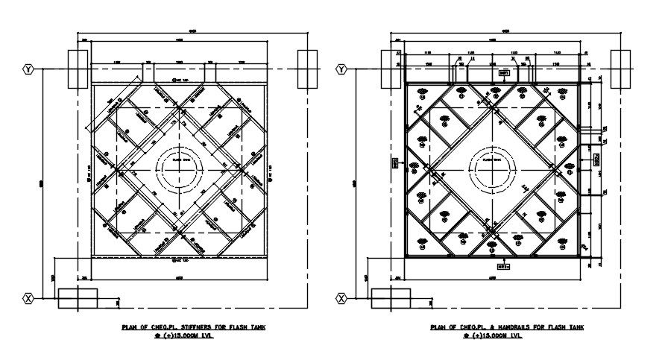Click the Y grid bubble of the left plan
pyautogui.click(x=28, y=69)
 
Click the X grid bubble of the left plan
pyautogui.click(x=28, y=298)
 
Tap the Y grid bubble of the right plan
pyautogui.click(x=341, y=69)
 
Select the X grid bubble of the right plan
pyautogui.click(x=341, y=298)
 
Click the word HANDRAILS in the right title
pyautogui.click(x=515, y=327)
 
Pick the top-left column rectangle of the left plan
pyautogui.click(x=78, y=69)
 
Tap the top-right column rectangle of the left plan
pyautogui.click(x=307, y=69)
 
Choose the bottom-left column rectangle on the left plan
pyautogui.click(x=78, y=298)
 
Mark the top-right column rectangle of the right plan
pyautogui.click(x=620, y=69)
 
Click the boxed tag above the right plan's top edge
pyautogui.click(x=505, y=73)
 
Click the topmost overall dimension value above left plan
pyautogui.click(x=192, y=31)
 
